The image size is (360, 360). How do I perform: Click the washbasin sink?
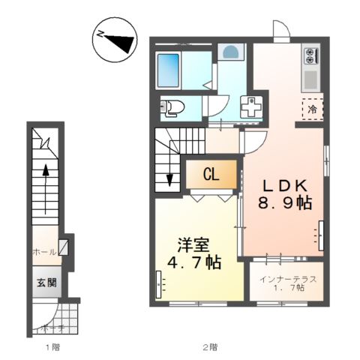232,53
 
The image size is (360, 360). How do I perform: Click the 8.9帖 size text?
286,202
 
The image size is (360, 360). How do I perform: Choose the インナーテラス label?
288,278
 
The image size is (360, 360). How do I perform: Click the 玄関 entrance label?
44,283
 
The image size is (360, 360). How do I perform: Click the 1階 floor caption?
51,346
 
